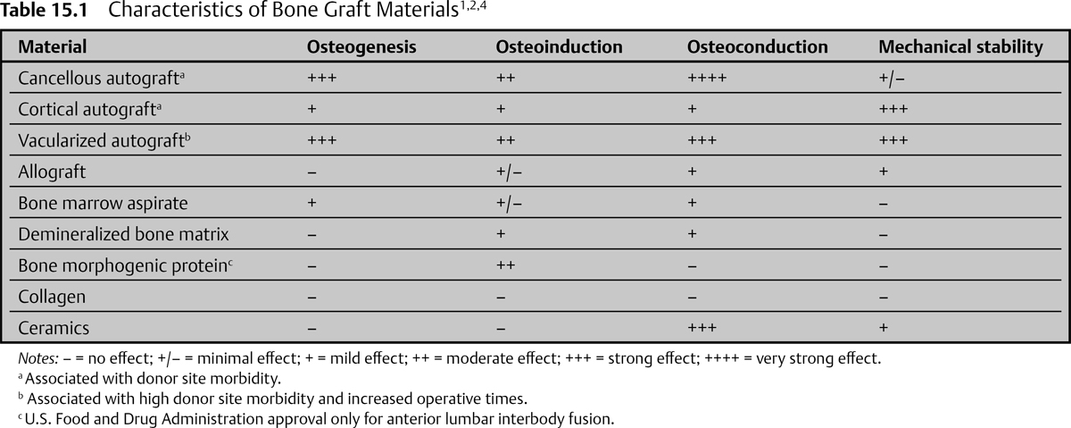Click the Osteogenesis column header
point(361,47)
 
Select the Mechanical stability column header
point(960,47)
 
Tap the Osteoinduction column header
point(559,47)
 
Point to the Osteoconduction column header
point(758,47)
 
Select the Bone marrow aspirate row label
point(103,203)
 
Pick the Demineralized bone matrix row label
point(123,234)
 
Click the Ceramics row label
point(54,328)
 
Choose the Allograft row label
point(52,172)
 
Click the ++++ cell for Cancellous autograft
point(708,78)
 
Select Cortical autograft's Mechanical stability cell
point(892,109)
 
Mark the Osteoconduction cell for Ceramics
point(702,328)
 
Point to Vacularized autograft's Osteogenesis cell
point(321,140)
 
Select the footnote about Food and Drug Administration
point(317,417)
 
